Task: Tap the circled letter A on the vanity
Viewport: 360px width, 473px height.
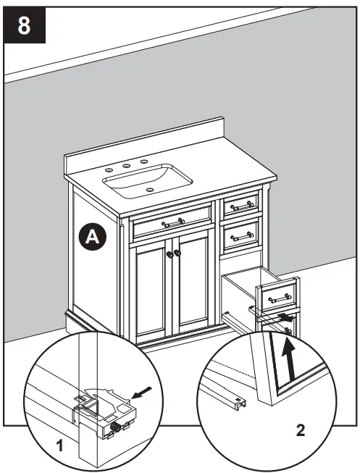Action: coord(92,235)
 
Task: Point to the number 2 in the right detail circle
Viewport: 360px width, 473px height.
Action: coord(300,430)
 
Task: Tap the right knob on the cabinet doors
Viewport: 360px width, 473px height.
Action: coord(177,254)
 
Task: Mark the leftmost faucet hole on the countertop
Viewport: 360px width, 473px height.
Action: coord(109,169)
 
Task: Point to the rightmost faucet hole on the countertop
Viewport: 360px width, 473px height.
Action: coord(143,161)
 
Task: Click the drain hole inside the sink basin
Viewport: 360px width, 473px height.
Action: coord(150,191)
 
